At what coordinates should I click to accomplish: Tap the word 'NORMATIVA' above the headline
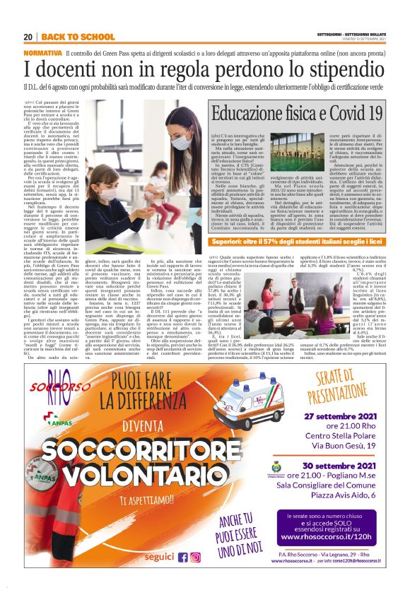pyautogui.click(x=42, y=53)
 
